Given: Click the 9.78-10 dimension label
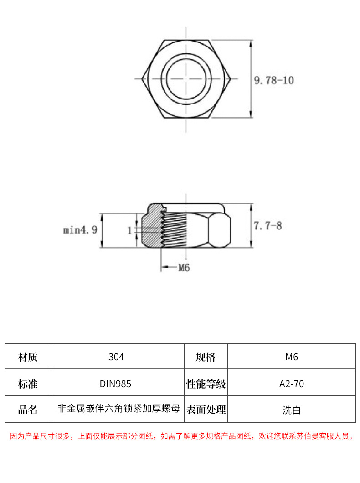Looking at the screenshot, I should point(273,81).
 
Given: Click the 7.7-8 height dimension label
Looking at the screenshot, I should point(267,225).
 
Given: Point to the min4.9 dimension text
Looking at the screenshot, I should point(80,230).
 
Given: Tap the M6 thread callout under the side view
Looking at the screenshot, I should point(183,268).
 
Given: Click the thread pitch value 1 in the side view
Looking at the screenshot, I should point(129,231).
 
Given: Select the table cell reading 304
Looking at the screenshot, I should point(117,357).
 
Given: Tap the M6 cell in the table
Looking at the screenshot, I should point(291,357).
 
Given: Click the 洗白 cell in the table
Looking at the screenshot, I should point(291,410).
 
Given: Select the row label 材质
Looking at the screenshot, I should point(28,357).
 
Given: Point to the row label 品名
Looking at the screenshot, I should point(28,410).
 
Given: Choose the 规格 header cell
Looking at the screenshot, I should point(206,357).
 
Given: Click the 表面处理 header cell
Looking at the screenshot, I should point(206,410).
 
